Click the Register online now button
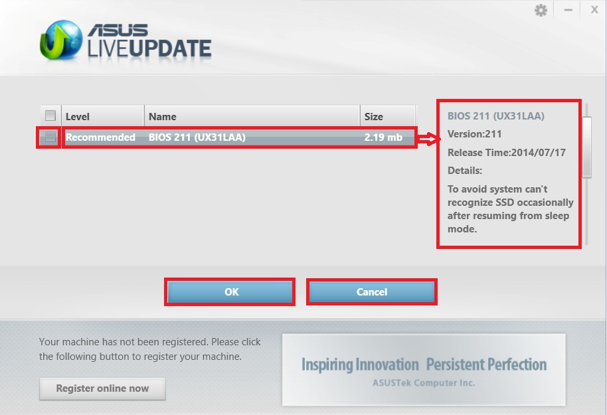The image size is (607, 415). click(x=102, y=388)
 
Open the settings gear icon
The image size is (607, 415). click(x=541, y=10)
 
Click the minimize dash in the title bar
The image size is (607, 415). click(x=568, y=10)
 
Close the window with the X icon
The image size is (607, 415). click(x=594, y=10)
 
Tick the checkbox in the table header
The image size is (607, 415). click(x=50, y=116)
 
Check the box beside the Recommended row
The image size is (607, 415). click(x=50, y=137)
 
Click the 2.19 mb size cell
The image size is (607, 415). click(x=383, y=137)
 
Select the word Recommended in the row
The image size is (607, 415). click(x=100, y=137)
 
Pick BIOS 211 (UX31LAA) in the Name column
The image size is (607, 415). click(x=197, y=137)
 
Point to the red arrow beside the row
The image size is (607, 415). click(x=429, y=139)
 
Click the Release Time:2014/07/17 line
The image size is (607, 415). click(x=506, y=153)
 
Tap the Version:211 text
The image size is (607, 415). click(x=475, y=134)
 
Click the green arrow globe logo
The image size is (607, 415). click(x=61, y=41)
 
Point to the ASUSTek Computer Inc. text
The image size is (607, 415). click(x=424, y=383)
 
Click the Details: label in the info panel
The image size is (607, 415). click(x=464, y=171)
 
